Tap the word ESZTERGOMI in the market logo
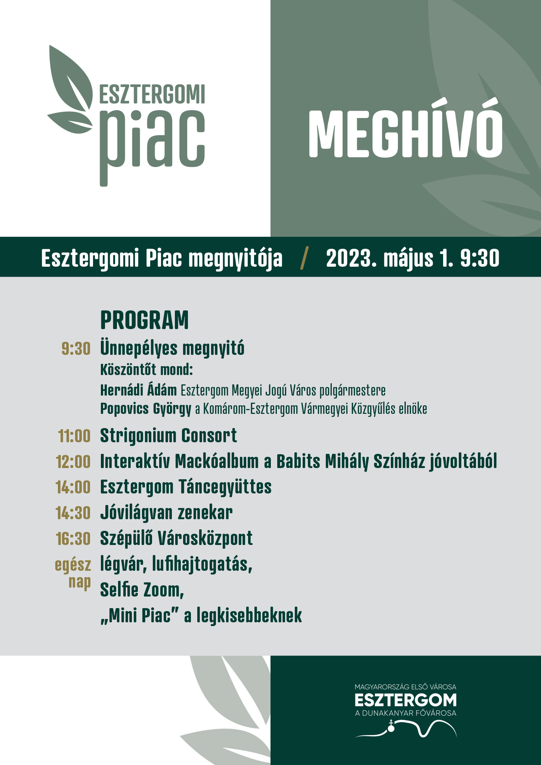pos(152,94)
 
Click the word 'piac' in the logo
pos(152,144)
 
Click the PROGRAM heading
pos(145,320)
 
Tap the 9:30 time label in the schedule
pos(76,349)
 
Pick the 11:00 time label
pos(74,436)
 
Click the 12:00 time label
pos(73,462)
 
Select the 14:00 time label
pos(73,487)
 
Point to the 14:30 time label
pos(73,513)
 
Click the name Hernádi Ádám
pos(139,390)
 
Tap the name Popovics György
pos(146,409)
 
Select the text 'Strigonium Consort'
pos(169,436)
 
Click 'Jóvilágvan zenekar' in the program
pos(166,513)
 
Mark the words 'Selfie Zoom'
pos(142,590)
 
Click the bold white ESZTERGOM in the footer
pos(405,700)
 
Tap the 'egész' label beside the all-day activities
pos(73,565)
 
